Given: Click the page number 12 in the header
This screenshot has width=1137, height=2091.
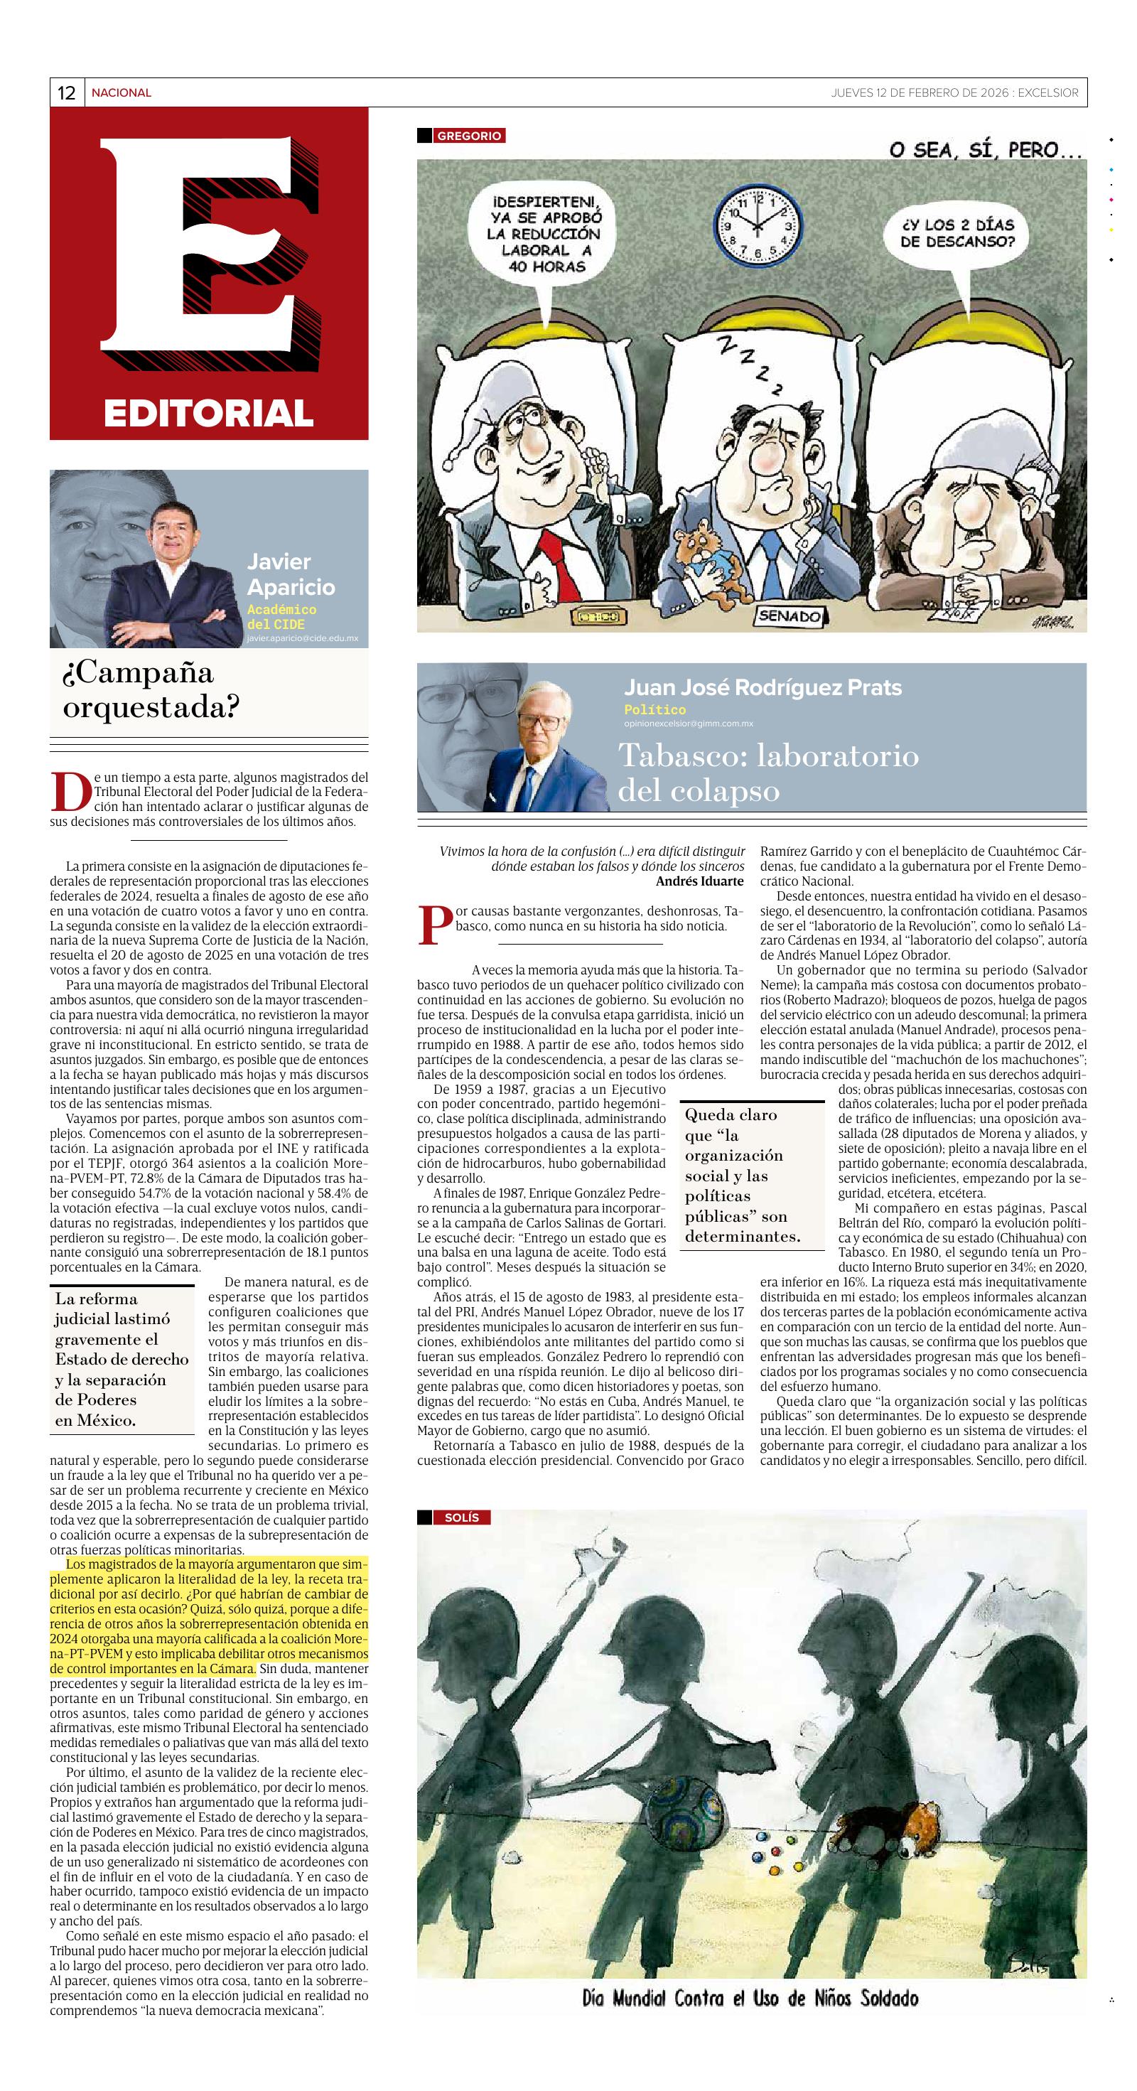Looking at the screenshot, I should pos(67,93).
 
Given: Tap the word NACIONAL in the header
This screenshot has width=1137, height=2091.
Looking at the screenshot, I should pos(121,93).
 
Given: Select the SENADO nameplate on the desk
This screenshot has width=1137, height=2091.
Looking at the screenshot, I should pos(789,616).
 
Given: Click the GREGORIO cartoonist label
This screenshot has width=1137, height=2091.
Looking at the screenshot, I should pos(469,136).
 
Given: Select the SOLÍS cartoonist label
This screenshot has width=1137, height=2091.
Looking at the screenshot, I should pos(462,1517).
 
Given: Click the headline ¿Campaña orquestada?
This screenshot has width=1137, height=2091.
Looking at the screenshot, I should pos(151,690).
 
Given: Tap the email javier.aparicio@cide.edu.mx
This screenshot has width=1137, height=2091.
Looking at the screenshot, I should pos(302,639).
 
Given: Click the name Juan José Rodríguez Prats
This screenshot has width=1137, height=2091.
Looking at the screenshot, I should pos(762,687).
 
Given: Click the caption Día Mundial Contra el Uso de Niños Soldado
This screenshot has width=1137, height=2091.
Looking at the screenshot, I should pos(750,1998).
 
